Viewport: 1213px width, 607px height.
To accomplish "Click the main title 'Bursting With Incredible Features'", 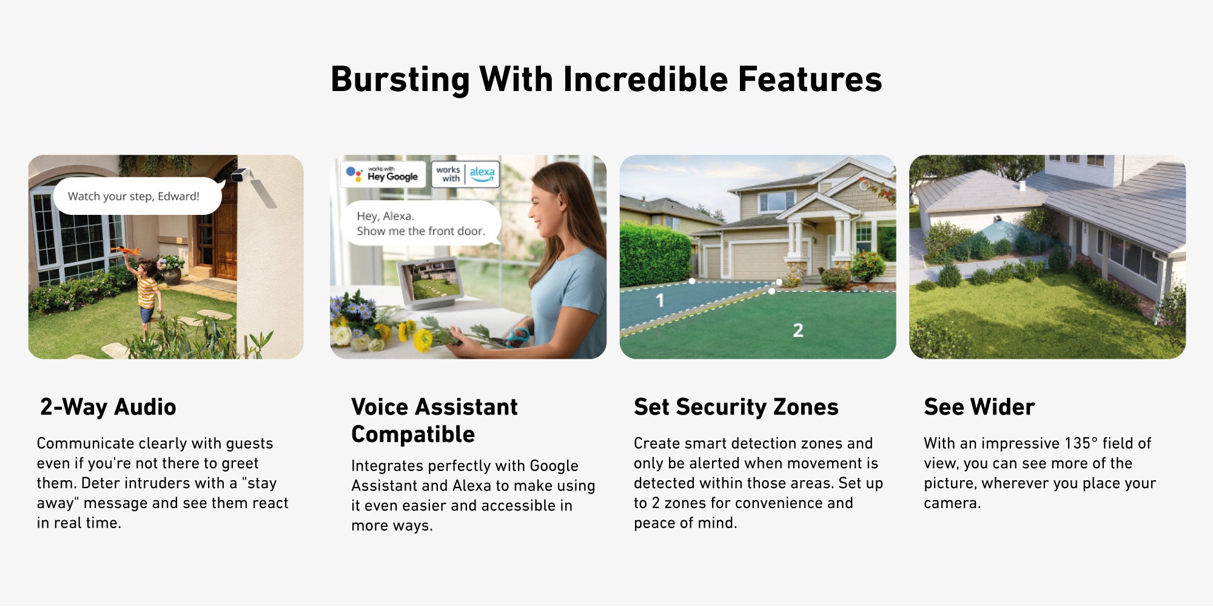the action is point(606,80).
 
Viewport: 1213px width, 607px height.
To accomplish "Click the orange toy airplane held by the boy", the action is point(125,250).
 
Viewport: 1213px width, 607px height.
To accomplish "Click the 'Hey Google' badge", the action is point(383,174).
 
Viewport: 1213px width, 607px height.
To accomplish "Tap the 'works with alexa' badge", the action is point(465,174).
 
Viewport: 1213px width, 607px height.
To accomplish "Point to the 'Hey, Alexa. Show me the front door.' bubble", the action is point(421,223).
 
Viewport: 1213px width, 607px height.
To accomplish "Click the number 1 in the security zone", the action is point(660,300).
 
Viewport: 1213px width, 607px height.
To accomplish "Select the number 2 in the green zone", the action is point(798,330).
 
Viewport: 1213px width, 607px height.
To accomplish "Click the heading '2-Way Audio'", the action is point(108,407).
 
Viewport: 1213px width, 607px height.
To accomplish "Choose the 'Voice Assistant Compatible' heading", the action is point(434,421).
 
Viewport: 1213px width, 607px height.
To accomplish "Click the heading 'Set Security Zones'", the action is point(736,407).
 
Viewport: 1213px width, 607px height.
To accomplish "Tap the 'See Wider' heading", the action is point(979,407).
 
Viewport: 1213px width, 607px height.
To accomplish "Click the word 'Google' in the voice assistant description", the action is point(554,466).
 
